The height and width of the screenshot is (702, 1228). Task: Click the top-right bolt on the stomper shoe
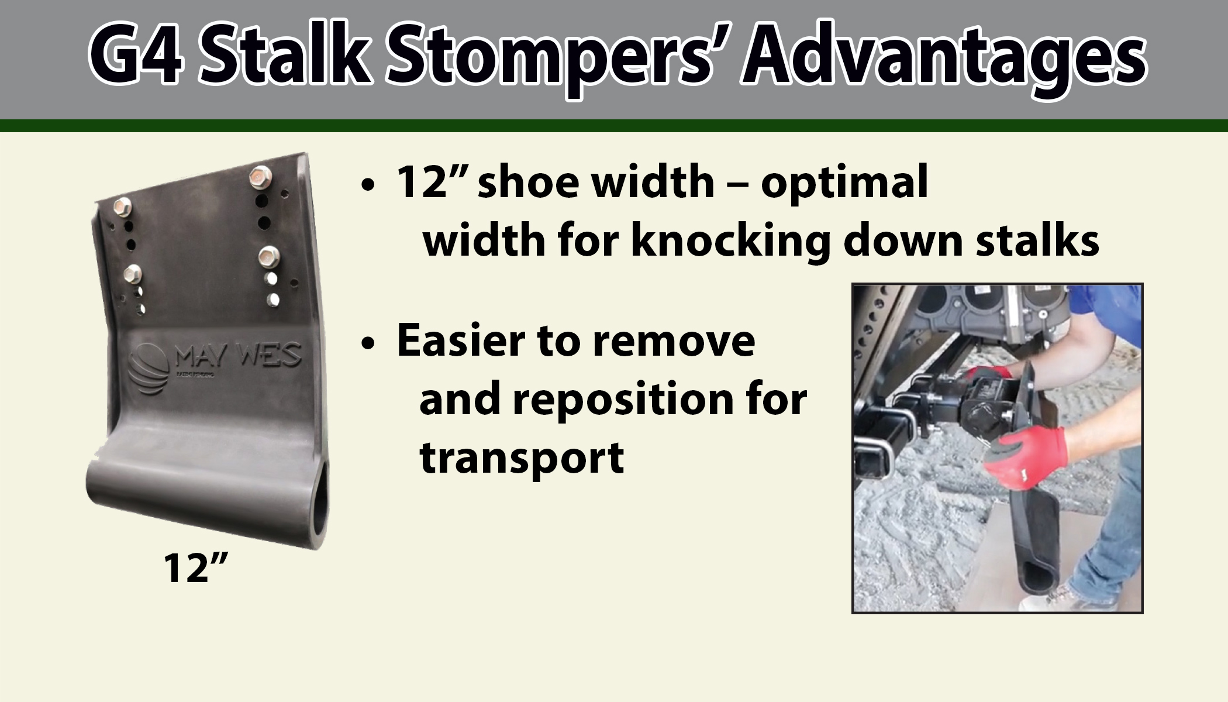pos(258,175)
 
